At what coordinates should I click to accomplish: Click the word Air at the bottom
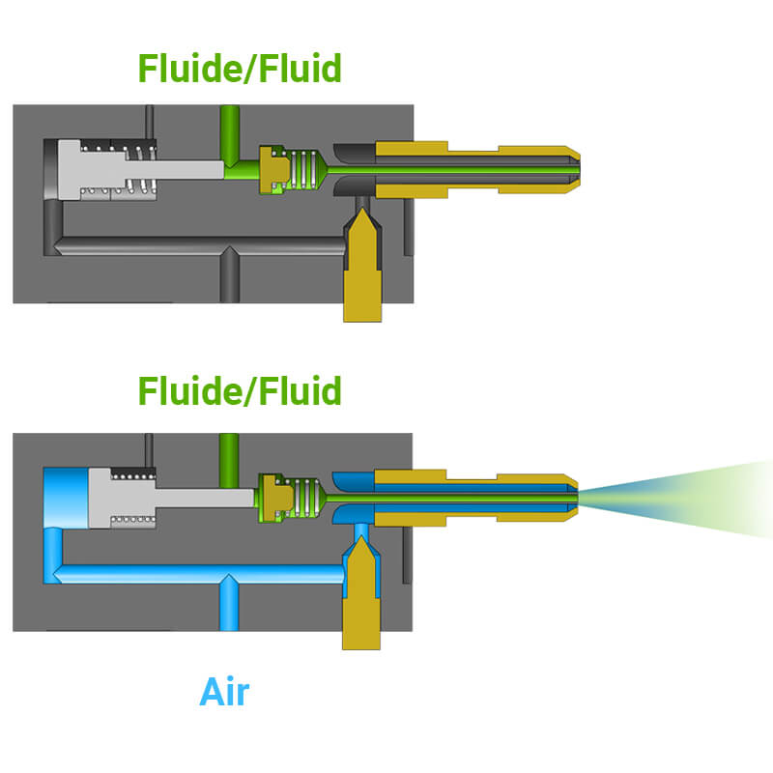224,692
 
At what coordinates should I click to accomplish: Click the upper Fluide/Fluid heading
240,69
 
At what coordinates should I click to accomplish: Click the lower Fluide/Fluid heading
240,391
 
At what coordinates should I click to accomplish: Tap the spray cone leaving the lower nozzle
676,498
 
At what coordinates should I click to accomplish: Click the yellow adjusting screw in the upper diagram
361,271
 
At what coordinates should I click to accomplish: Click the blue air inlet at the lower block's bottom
228,609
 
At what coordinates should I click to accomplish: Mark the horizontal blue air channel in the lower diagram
193,575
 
